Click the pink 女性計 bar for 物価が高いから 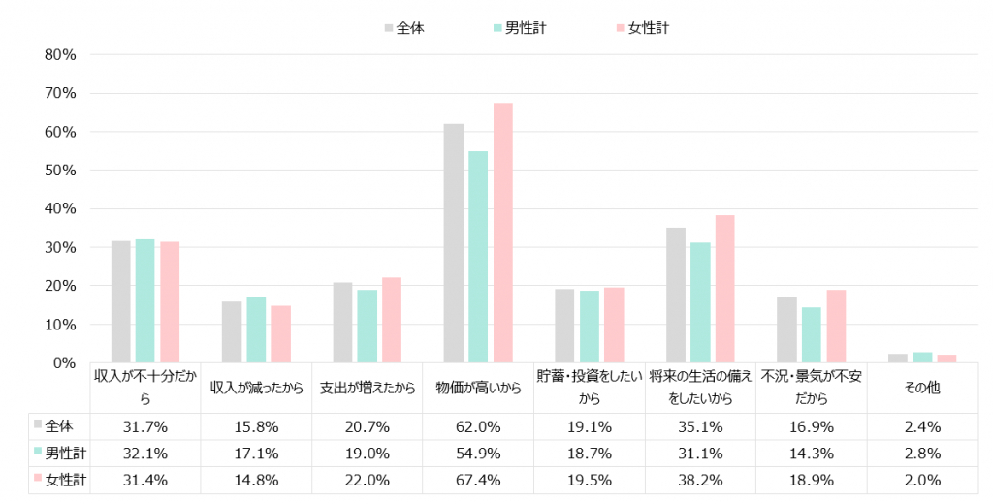tap(502, 233)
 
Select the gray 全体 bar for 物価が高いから tap(454, 243)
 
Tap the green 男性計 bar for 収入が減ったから tap(256, 329)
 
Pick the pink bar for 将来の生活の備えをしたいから tap(724, 289)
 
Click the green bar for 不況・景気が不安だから tap(811, 334)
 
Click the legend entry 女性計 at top tap(641, 28)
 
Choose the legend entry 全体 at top tap(403, 28)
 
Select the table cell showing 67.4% tap(477, 480)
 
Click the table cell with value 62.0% tap(477, 426)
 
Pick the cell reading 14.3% tap(811, 454)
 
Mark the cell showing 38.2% tap(700, 480)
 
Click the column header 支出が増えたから tap(367, 388)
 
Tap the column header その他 tap(921, 388)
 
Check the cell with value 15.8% tap(256, 426)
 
